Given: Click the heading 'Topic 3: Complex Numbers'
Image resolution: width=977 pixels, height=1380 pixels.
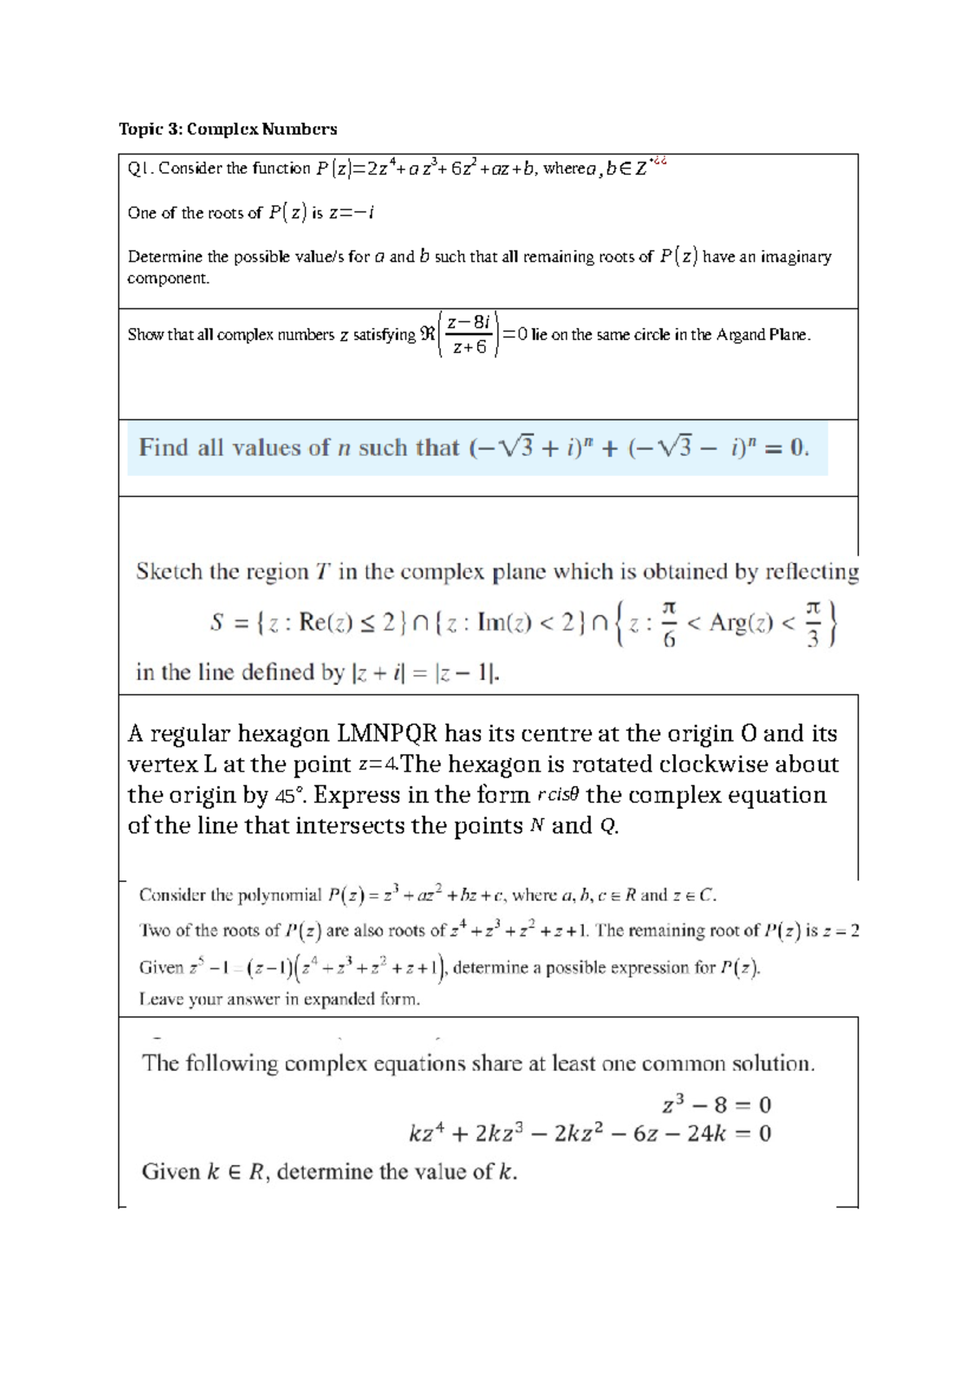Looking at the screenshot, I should (227, 129).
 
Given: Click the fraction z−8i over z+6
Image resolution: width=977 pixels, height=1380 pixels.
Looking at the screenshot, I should (469, 334).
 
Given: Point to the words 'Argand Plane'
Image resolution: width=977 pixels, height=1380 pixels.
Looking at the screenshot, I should (762, 334).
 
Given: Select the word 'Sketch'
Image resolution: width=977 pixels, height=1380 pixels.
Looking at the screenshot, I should (169, 572).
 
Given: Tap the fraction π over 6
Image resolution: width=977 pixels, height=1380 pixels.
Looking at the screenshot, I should (668, 623).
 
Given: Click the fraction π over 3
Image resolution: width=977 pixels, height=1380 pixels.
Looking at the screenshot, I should (812, 623).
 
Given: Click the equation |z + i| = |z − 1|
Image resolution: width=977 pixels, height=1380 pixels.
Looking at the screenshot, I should (423, 673).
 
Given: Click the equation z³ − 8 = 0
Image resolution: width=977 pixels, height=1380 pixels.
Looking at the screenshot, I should (716, 1105).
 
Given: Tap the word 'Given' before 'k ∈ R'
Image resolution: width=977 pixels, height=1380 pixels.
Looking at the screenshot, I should (170, 1172).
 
